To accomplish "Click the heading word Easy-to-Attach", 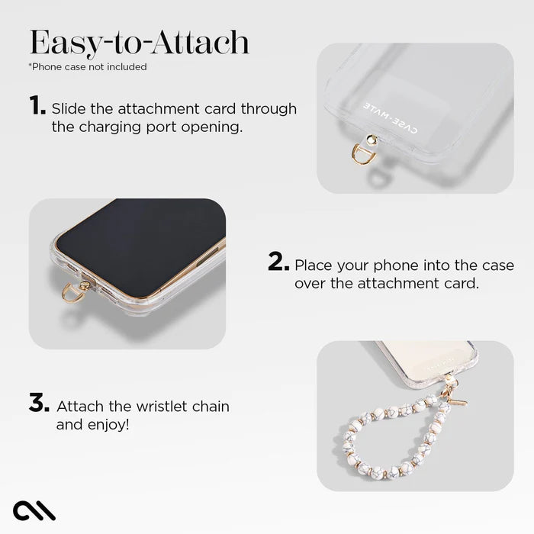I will tap(139, 43).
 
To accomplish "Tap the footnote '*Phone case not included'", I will tap(88, 67).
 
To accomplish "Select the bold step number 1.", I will tap(37, 107).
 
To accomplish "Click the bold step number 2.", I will tap(278, 264).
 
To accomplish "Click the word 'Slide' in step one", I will tap(69, 108).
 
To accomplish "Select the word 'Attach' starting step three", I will tap(79, 406).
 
